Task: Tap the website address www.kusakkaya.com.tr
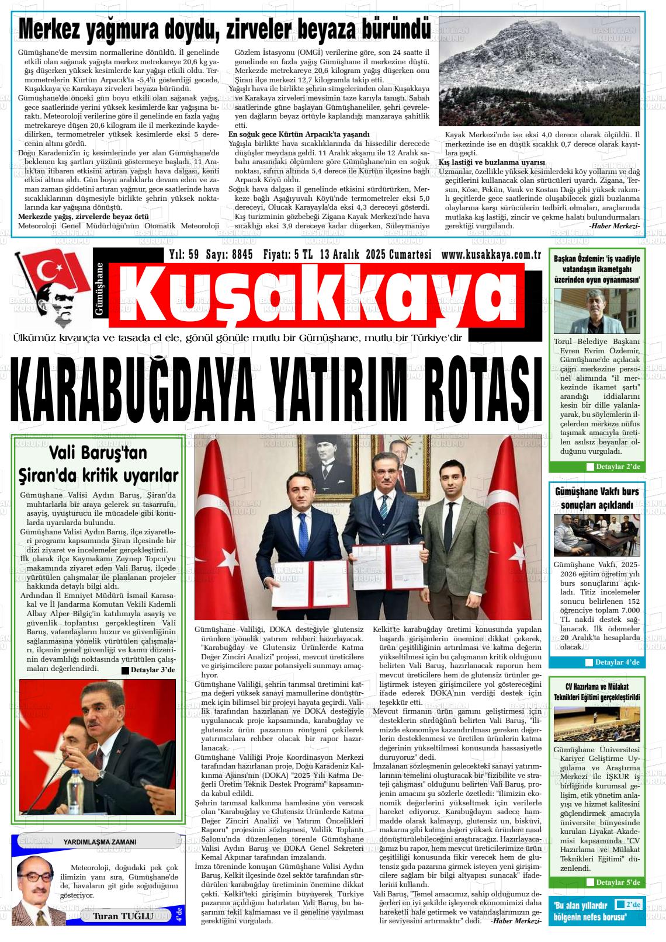coord(491,255)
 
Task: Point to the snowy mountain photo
coord(539,71)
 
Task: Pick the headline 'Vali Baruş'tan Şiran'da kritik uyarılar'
coord(98,464)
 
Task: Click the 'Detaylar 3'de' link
coord(148,670)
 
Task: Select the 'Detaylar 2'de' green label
coord(613,467)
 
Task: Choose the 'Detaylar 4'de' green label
coord(613,662)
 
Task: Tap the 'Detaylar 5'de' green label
coord(613,882)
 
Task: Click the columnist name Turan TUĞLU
coord(123,916)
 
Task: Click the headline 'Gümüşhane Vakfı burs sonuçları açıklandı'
coord(596,498)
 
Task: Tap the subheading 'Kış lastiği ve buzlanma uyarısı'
coord(491,162)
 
